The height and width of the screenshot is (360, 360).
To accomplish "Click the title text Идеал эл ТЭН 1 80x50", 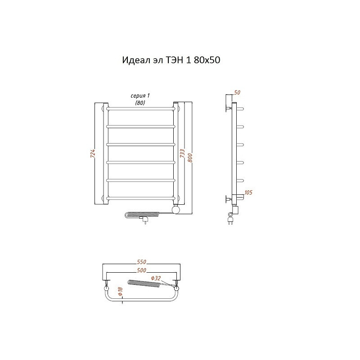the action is pyautogui.click(x=171, y=60).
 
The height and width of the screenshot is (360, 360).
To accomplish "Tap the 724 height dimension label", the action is pyautogui.click(x=93, y=153).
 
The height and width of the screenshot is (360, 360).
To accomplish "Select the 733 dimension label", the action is pyautogui.click(x=182, y=153).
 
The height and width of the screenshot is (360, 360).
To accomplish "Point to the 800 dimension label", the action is pyautogui.click(x=190, y=158).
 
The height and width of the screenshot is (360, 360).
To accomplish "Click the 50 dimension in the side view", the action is pyautogui.click(x=237, y=92).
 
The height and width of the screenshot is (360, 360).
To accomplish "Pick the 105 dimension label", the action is pyautogui.click(x=248, y=193).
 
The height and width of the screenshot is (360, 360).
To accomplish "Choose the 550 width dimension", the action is pyautogui.click(x=141, y=262).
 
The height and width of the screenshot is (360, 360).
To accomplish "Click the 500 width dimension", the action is pyautogui.click(x=141, y=270).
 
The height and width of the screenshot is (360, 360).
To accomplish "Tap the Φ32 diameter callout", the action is pyautogui.click(x=156, y=278).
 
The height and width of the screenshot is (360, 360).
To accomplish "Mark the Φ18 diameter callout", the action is pyautogui.click(x=121, y=291).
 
